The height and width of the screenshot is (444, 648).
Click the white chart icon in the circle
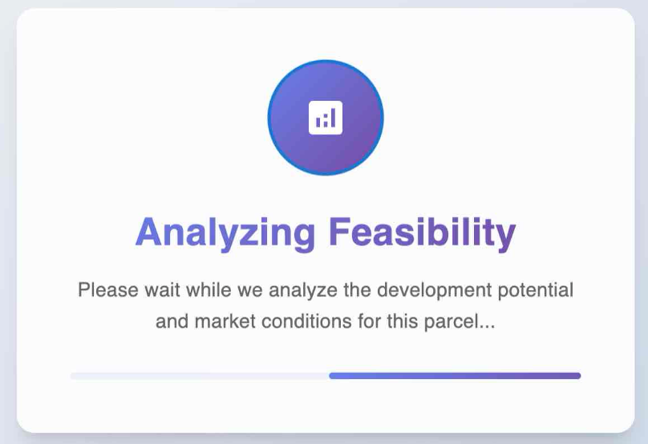(326, 118)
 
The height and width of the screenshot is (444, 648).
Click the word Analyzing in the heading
(225, 232)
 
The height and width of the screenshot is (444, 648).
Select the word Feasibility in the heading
(423, 232)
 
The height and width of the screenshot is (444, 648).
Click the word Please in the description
(108, 289)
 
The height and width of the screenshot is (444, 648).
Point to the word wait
(162, 289)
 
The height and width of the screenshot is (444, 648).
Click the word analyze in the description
(303, 290)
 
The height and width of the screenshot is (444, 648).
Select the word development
(435, 290)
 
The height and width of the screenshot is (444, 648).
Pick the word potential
(536, 290)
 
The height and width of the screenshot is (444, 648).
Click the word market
(225, 321)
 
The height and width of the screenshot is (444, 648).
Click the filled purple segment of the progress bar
(455, 376)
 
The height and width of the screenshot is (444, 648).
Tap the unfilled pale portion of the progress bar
(200, 376)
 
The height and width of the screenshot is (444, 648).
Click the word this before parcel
(403, 321)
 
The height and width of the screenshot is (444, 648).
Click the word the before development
(357, 289)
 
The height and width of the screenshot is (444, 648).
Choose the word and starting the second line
(172, 321)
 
